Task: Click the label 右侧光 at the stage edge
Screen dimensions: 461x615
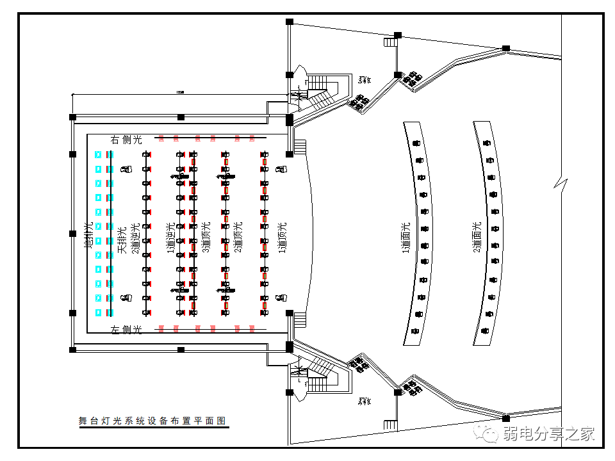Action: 126,139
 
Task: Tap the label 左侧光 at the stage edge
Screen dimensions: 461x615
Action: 126,329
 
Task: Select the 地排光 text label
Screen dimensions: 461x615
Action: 89,234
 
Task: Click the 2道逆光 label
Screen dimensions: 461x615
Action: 135,238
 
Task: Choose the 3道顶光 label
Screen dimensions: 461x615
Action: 206,237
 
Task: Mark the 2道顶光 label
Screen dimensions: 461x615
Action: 238,237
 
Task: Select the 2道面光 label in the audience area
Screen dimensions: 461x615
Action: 476,237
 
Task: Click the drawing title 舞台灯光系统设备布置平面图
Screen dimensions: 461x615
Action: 152,421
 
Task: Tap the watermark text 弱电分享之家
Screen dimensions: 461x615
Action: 549,433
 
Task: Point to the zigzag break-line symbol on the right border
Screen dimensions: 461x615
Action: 561,184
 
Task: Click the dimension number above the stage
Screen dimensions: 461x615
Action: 180,93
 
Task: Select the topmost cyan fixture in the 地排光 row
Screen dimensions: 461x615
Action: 98,155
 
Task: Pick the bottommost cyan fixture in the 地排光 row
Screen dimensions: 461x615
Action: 98,312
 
